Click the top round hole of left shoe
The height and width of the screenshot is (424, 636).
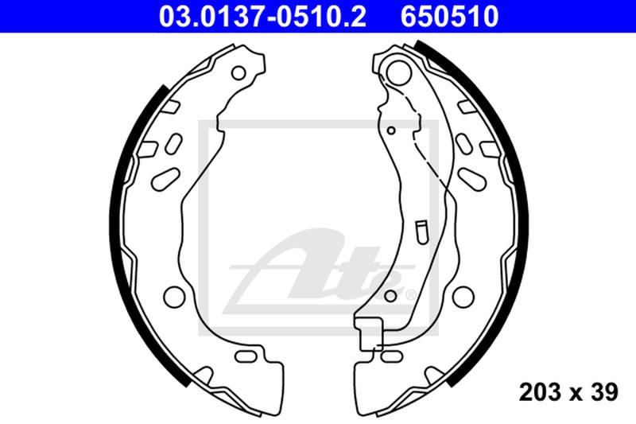click(x=238, y=73)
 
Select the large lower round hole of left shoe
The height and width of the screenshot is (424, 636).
click(x=173, y=297)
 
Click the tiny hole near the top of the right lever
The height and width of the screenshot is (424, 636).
click(x=391, y=130)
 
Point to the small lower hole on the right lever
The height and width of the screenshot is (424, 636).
click(x=389, y=297)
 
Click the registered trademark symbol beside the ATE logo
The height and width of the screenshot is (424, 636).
click(x=409, y=296)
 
